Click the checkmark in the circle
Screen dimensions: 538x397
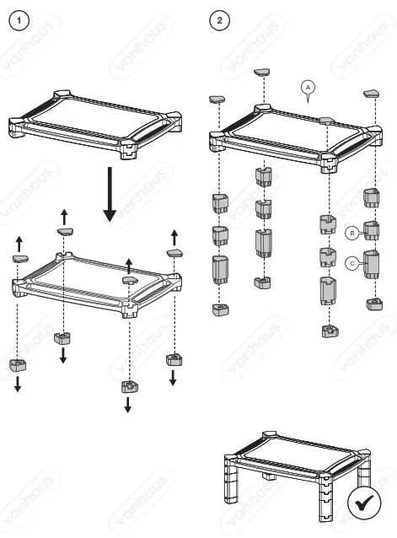tap(364, 505)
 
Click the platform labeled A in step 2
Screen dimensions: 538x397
tap(291, 131)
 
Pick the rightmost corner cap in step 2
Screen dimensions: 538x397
tap(372, 92)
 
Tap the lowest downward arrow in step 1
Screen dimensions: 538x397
tap(128, 405)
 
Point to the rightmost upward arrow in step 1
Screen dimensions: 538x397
tap(174, 234)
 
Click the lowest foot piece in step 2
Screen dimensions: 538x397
tap(330, 331)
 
